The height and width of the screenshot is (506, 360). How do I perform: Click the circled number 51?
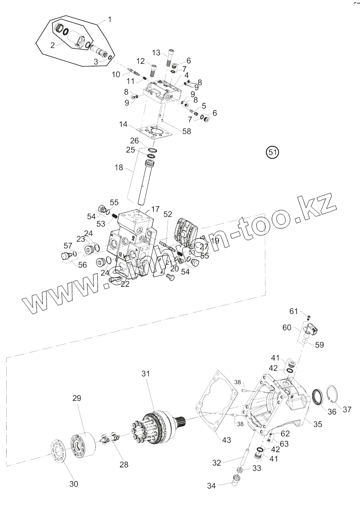pyautogui.click(x=272, y=152)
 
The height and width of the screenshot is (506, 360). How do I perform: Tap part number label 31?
pyautogui.click(x=146, y=374)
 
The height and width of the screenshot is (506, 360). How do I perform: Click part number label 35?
pyautogui.click(x=317, y=424)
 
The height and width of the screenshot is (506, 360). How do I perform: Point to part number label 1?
pyautogui.click(x=110, y=20)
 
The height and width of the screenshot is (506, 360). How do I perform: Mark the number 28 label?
pyautogui.click(x=124, y=464)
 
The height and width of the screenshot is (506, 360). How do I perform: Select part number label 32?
pyautogui.click(x=216, y=463)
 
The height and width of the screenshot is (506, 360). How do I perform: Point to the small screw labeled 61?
pyautogui.click(x=309, y=317)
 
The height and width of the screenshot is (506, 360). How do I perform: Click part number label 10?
pyautogui.click(x=116, y=75)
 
